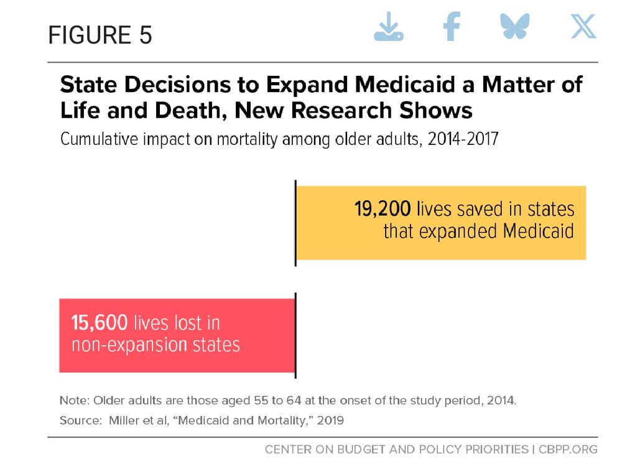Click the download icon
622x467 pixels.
388,27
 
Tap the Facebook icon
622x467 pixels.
452,26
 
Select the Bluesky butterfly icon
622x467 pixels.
515,26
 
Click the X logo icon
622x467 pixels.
583,26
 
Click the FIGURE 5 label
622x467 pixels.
100,35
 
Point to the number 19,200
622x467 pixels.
383,209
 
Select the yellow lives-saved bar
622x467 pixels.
441,223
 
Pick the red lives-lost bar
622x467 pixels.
177,335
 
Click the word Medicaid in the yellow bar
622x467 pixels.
538,231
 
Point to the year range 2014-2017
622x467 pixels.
463,139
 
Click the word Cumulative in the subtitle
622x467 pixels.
99,139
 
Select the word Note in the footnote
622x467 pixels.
74,400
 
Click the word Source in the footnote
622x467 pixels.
80,420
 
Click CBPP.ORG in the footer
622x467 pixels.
568,449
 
